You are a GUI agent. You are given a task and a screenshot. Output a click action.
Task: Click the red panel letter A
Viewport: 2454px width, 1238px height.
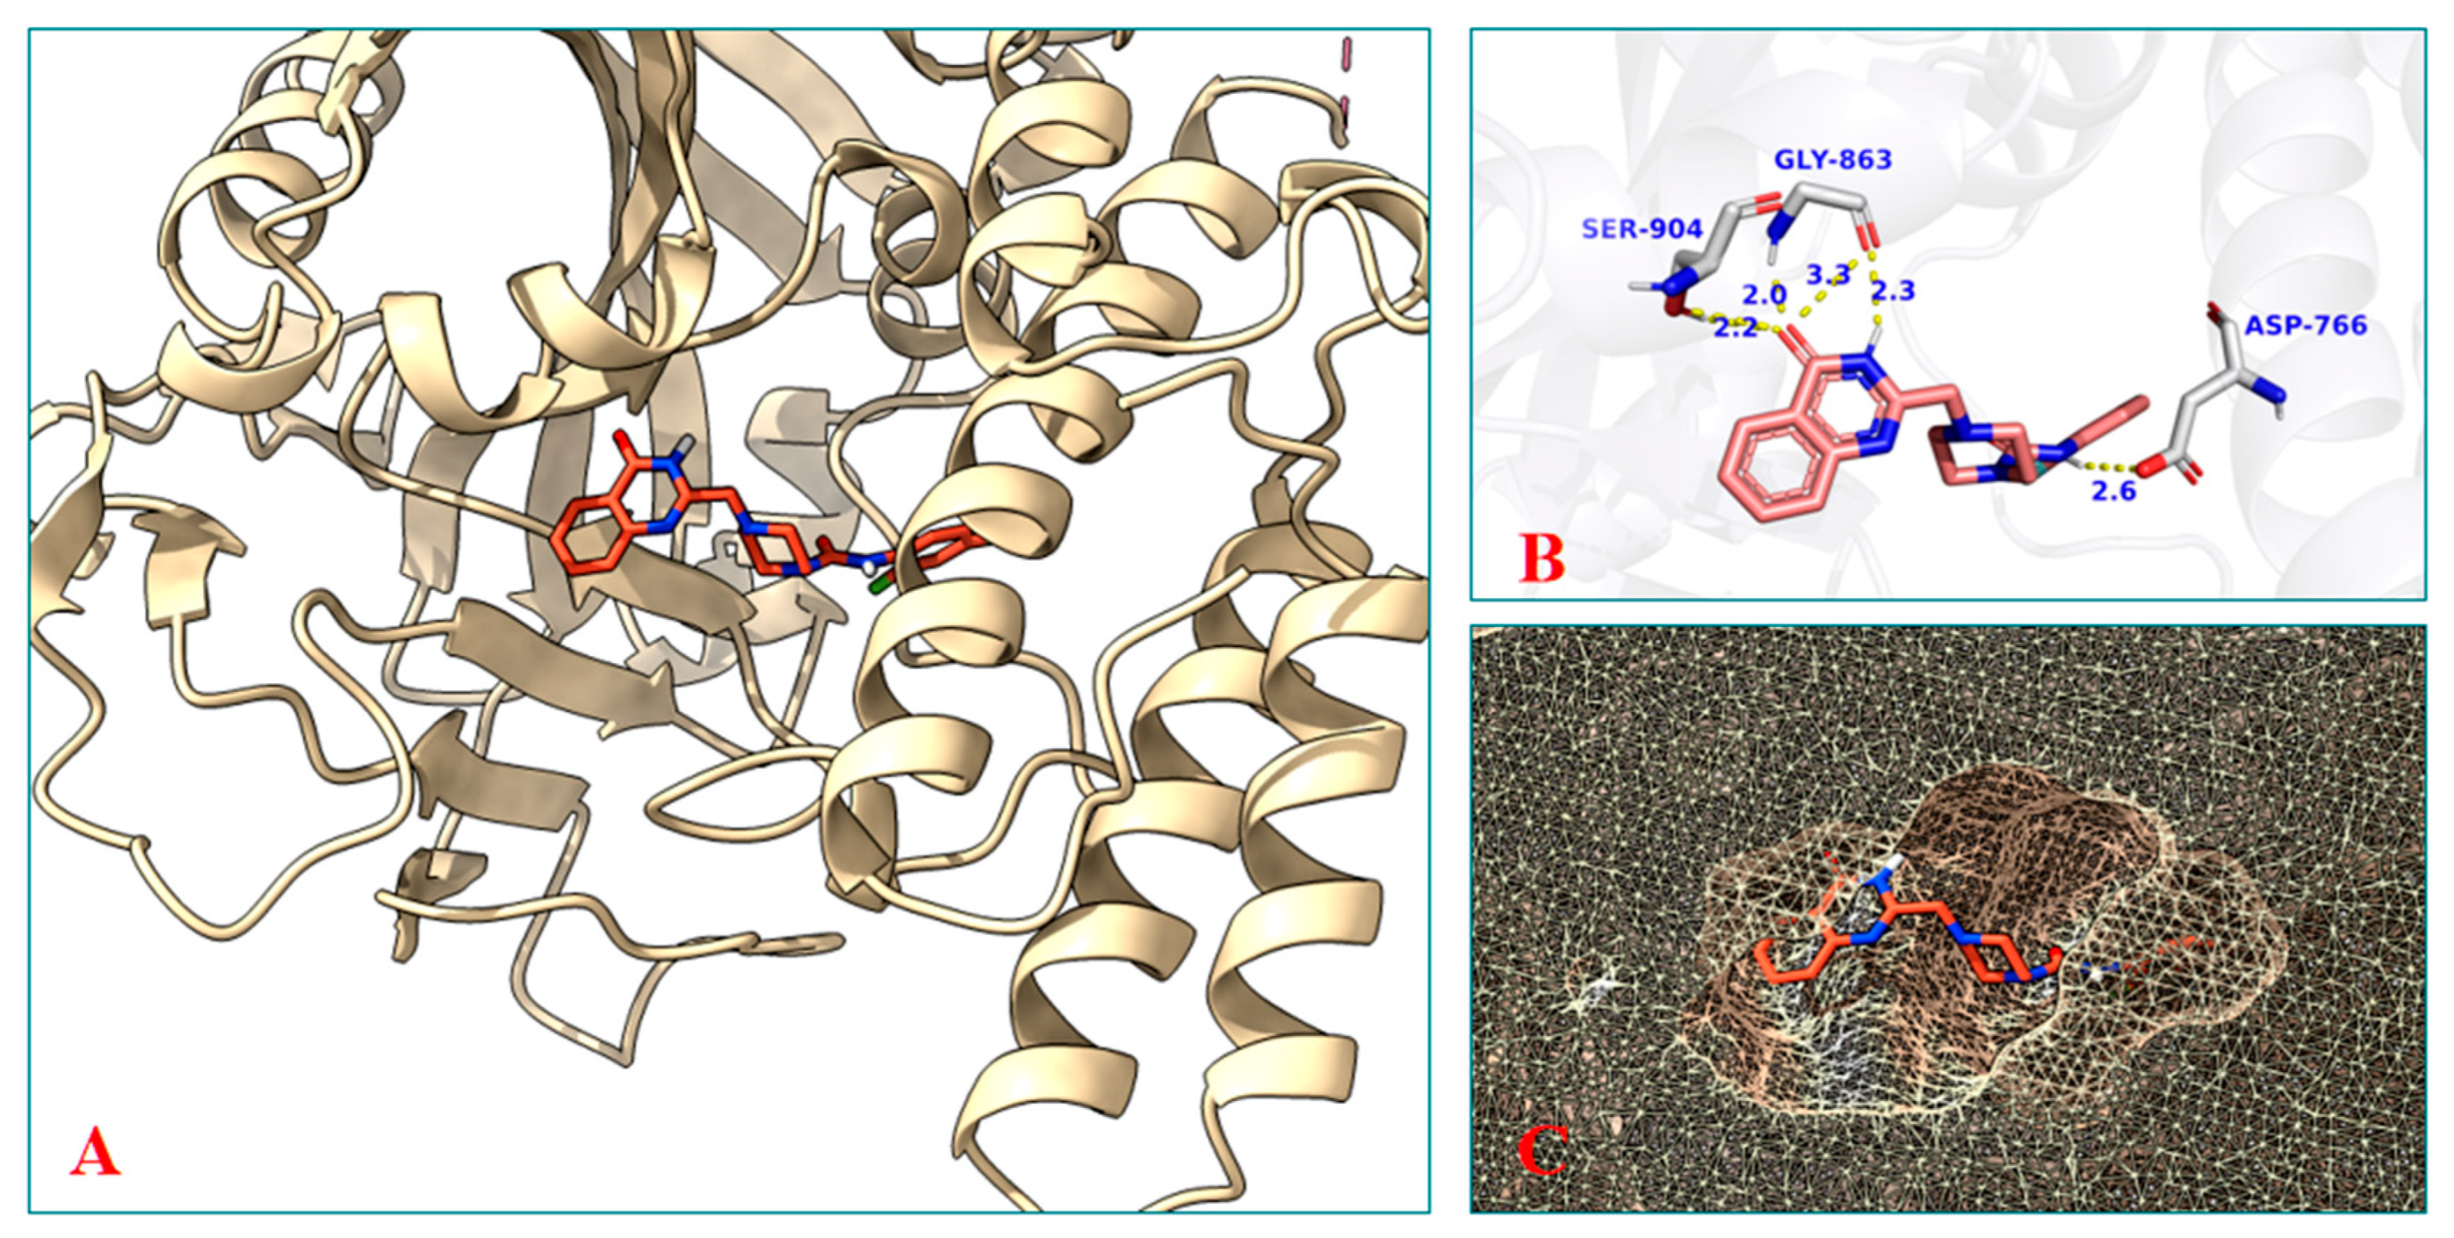95,1151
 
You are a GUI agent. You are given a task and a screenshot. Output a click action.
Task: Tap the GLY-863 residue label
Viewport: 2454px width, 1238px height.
1832,159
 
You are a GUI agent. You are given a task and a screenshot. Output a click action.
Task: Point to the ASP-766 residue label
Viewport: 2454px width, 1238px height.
2306,326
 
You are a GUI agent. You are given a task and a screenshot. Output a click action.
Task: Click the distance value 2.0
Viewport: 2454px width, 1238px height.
1763,294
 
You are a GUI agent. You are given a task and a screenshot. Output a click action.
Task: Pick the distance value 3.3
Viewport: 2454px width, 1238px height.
1828,275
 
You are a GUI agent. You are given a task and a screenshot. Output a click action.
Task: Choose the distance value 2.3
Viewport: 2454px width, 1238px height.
1893,290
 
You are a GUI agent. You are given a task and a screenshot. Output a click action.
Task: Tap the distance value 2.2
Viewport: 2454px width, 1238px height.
1734,329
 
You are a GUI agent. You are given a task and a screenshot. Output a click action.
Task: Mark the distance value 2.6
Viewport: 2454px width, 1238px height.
2113,492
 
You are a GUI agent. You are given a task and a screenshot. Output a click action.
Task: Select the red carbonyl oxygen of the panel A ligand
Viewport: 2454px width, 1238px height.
622,441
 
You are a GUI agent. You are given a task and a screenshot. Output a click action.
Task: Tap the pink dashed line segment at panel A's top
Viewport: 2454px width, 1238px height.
1346,52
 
